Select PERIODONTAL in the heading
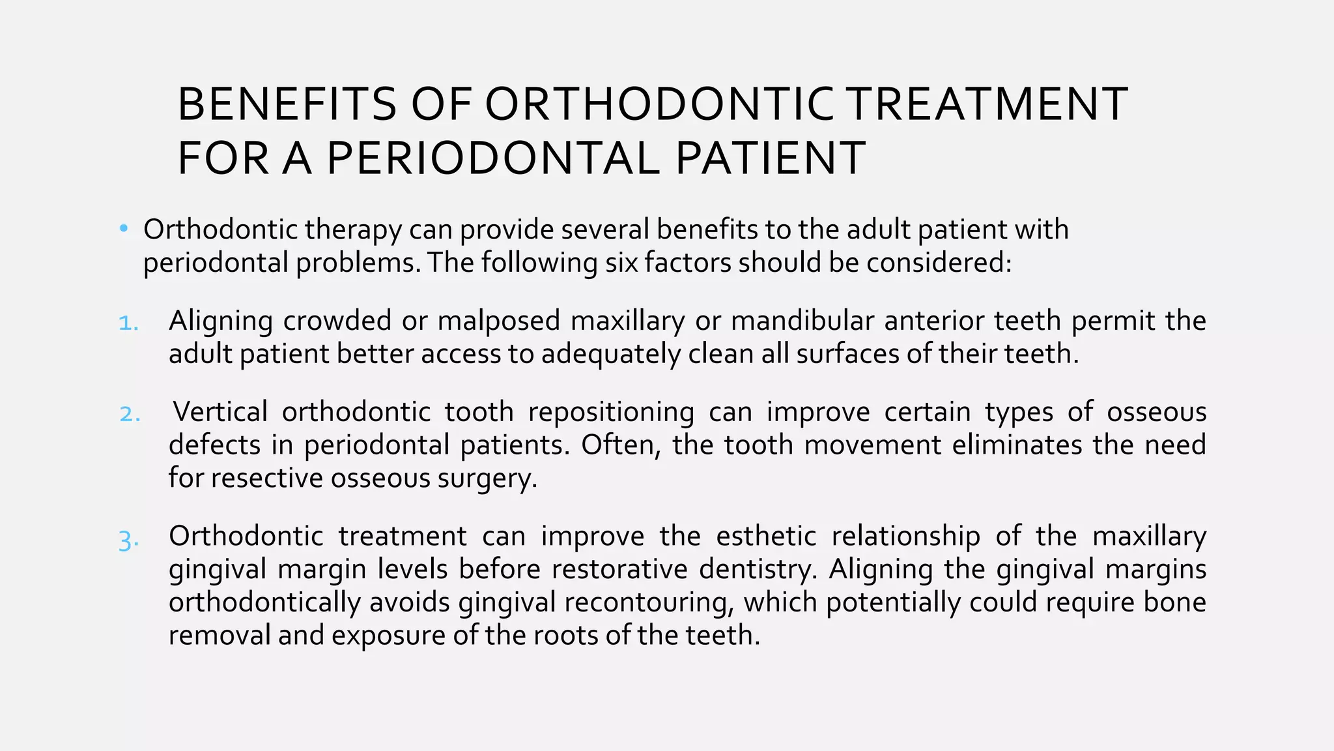[493, 158]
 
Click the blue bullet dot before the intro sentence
[124, 229]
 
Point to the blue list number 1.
[128, 322]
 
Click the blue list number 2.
[130, 414]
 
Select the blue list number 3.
[128, 540]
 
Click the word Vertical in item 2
[220, 412]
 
